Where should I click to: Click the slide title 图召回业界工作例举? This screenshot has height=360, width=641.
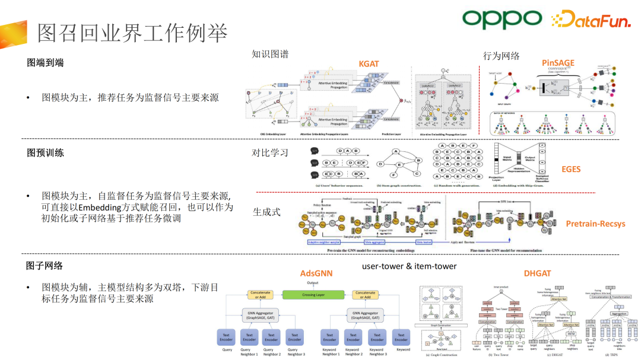point(132,33)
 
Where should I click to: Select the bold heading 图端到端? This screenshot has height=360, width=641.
point(45,63)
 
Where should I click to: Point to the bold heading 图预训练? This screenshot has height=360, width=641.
point(45,153)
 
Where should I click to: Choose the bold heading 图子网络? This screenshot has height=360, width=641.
point(45,266)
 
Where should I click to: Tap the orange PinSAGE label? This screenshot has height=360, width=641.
point(558,63)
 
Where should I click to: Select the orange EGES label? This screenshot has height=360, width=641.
point(571,169)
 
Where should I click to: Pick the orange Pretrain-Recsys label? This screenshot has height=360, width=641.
point(595,224)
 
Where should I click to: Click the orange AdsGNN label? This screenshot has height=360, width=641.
point(316,273)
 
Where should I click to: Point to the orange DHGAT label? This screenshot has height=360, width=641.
point(538,273)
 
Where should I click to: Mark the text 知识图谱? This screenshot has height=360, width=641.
point(271,55)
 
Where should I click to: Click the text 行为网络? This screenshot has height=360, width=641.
point(502,56)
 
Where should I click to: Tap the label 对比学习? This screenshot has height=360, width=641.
point(271,153)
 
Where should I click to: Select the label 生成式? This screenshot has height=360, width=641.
point(266,212)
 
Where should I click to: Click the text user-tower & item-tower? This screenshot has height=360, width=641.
point(409,266)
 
